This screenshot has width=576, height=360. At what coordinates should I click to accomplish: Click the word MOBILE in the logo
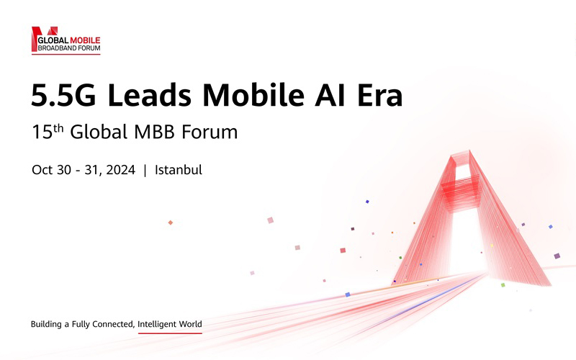point(85,40)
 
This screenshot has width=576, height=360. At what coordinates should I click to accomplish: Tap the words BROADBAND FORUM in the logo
point(69,48)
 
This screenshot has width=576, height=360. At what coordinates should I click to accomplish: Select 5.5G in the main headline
point(63,96)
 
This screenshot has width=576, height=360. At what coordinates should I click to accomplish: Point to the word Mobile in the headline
point(253,95)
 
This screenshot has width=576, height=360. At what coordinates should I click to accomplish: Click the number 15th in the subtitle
point(48,132)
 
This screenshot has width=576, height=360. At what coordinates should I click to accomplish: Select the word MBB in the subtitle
point(154,132)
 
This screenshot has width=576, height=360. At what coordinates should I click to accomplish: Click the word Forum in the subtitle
point(210,132)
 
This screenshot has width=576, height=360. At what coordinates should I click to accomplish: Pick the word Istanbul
point(178,170)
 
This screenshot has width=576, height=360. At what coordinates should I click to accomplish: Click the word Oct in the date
point(42,170)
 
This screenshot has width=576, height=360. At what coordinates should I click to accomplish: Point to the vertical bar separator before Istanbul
point(145,170)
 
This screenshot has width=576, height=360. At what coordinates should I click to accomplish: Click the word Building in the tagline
point(46,325)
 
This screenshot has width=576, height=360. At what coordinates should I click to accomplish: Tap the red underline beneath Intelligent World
point(170,333)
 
